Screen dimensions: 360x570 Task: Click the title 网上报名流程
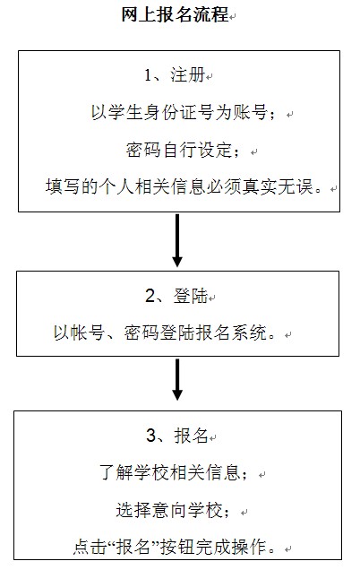[175, 15]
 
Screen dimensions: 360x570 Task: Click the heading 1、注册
[175, 75]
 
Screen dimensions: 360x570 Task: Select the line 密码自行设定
[183, 150]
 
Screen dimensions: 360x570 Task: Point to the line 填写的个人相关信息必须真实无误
[184, 187]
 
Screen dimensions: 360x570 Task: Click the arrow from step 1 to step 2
[177, 240]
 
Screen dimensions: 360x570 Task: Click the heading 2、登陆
[176, 296]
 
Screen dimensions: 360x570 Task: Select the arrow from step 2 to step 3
[177, 379]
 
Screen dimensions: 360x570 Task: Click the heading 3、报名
[177, 436]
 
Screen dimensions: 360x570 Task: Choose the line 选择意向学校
[173, 510]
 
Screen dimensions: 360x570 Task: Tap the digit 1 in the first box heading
[148, 75]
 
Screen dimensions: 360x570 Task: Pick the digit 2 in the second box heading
[150, 297]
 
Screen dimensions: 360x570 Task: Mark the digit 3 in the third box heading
[150, 436]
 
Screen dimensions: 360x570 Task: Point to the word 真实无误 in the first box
[278, 187]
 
